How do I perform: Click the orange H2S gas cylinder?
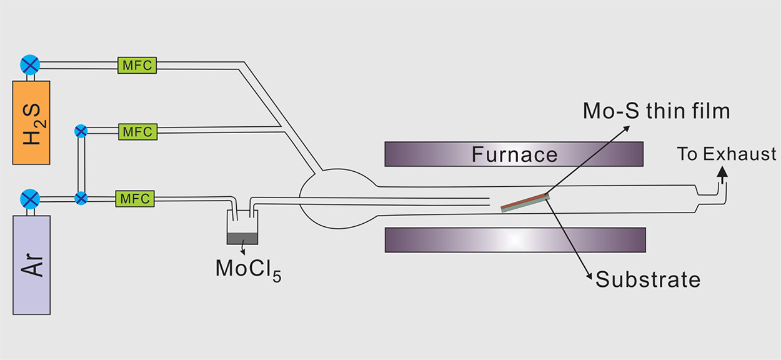pos(31,122)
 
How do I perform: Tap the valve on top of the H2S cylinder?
pos(29,64)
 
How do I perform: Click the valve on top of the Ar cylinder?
pos(29,199)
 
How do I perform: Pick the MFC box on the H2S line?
pos(137,64)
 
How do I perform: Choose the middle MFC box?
pos(137,131)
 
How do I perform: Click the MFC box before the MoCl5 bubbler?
pos(135,199)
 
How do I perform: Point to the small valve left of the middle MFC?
pos(81,131)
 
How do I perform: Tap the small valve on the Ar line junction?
pos(81,199)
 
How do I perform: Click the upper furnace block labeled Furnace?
pos(514,154)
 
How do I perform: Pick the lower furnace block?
pos(515,239)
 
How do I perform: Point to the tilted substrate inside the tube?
pos(525,203)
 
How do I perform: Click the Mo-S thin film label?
pos(656,111)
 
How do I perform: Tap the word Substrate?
pos(648,279)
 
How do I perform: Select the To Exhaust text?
pos(727,154)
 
